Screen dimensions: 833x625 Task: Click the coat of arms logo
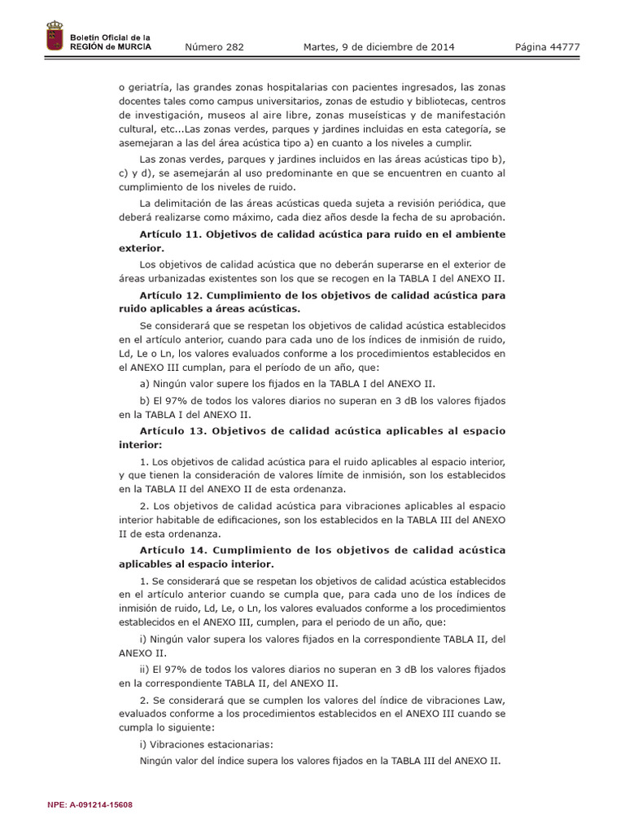[x=55, y=38]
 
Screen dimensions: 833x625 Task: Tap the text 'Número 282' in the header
[x=214, y=47]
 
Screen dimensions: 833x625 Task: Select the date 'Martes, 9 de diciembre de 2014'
[x=378, y=47]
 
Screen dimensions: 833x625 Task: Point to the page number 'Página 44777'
[x=547, y=47]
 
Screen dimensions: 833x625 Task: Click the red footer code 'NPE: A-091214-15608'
[x=90, y=805]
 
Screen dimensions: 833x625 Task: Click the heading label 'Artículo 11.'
[x=170, y=234]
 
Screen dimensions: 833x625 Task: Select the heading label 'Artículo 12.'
[x=170, y=295]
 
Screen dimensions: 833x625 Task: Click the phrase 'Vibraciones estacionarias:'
[x=207, y=745]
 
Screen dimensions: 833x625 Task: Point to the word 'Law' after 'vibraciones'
[x=496, y=700]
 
